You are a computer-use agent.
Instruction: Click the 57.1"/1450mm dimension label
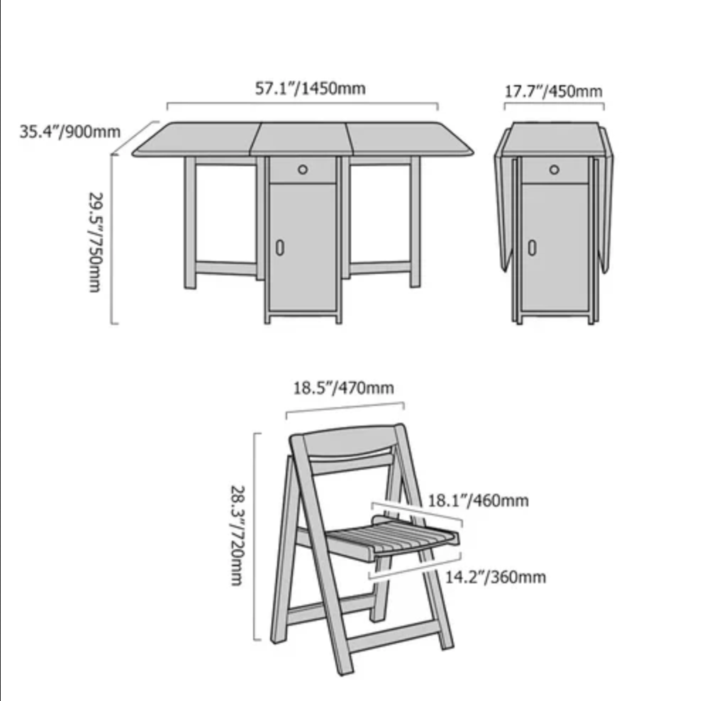click(311, 88)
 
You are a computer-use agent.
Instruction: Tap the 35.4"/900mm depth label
click(69, 132)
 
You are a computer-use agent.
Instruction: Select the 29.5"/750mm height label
click(96, 243)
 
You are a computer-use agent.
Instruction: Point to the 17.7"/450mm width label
click(553, 92)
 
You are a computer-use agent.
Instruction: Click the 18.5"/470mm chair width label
click(343, 387)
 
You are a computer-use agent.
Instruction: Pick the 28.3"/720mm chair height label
click(238, 535)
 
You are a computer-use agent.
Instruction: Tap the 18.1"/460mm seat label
click(478, 500)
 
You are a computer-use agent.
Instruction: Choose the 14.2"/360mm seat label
click(496, 577)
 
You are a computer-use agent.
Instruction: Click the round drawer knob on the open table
click(303, 170)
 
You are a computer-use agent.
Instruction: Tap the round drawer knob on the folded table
click(555, 170)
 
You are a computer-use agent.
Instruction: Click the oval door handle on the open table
click(280, 248)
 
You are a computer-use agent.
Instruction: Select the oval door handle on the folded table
click(532, 248)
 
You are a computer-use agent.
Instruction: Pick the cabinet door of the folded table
click(555, 247)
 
